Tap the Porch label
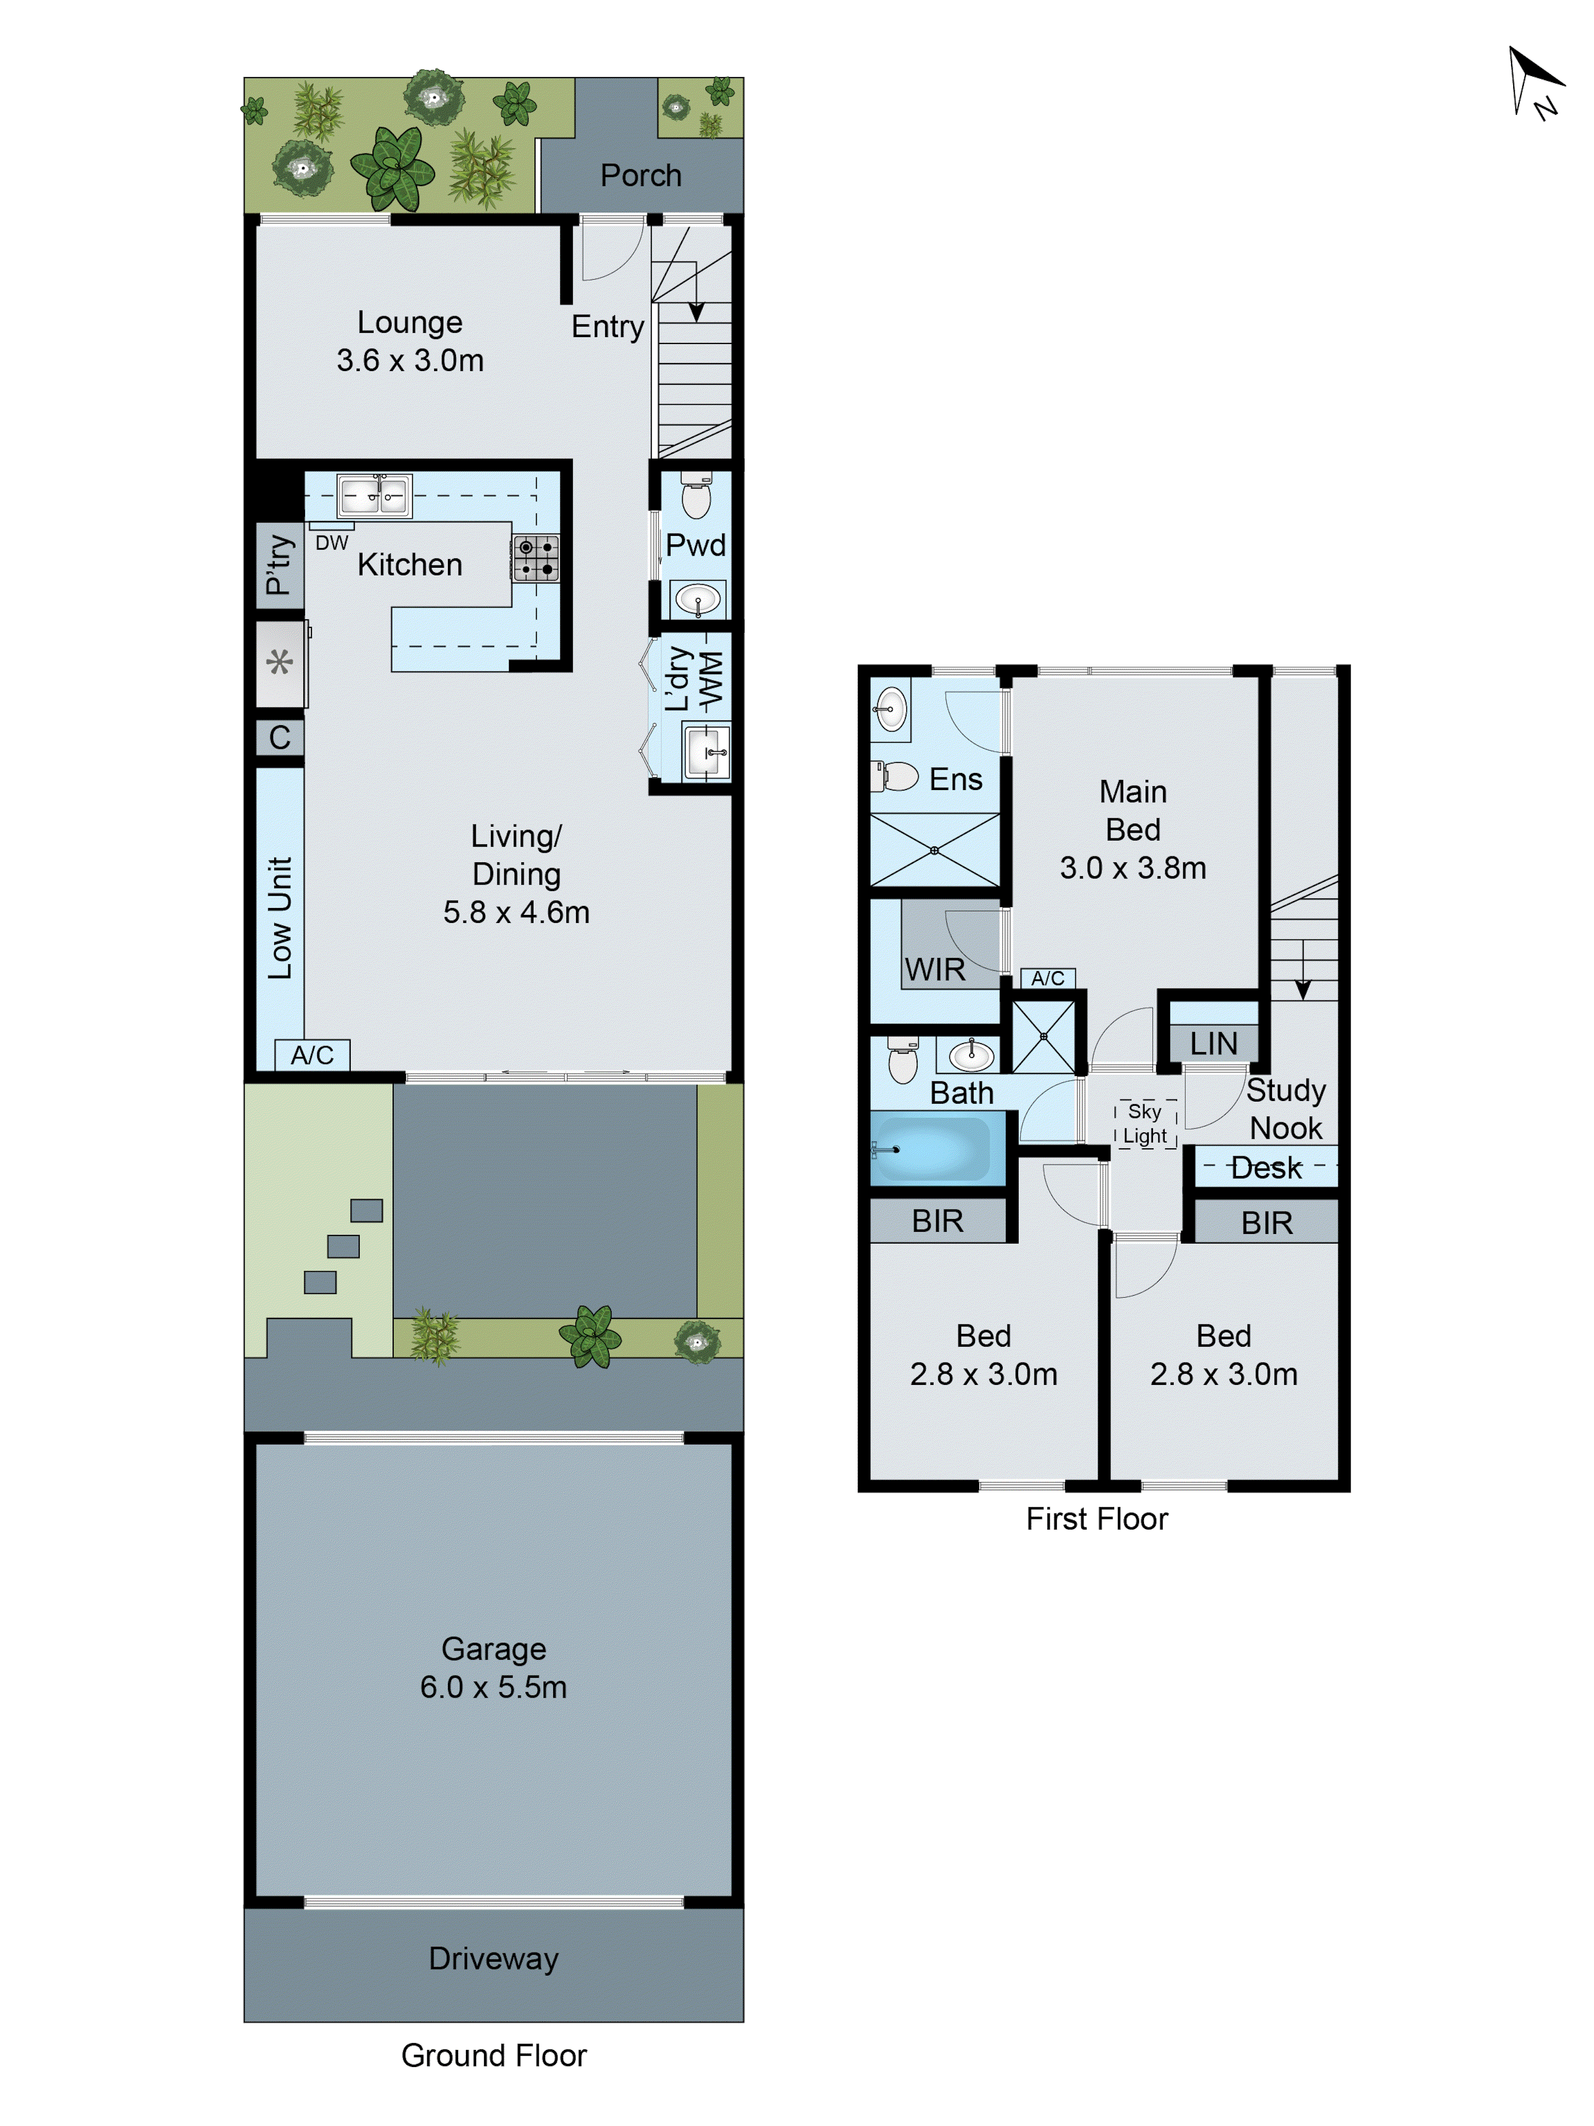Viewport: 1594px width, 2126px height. (641, 176)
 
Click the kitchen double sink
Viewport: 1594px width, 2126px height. (375, 496)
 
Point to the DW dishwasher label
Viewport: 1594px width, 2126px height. (332, 543)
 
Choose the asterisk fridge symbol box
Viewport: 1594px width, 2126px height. (279, 663)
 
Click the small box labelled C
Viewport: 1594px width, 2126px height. (279, 737)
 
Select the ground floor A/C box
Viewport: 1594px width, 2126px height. (312, 1055)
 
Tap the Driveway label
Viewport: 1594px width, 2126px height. (493, 1958)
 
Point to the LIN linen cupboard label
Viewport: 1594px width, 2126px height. (1214, 1044)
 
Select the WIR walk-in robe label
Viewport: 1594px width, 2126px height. (935, 970)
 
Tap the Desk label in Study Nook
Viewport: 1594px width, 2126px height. (1266, 1168)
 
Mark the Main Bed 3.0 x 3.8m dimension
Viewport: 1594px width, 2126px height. (1133, 868)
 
